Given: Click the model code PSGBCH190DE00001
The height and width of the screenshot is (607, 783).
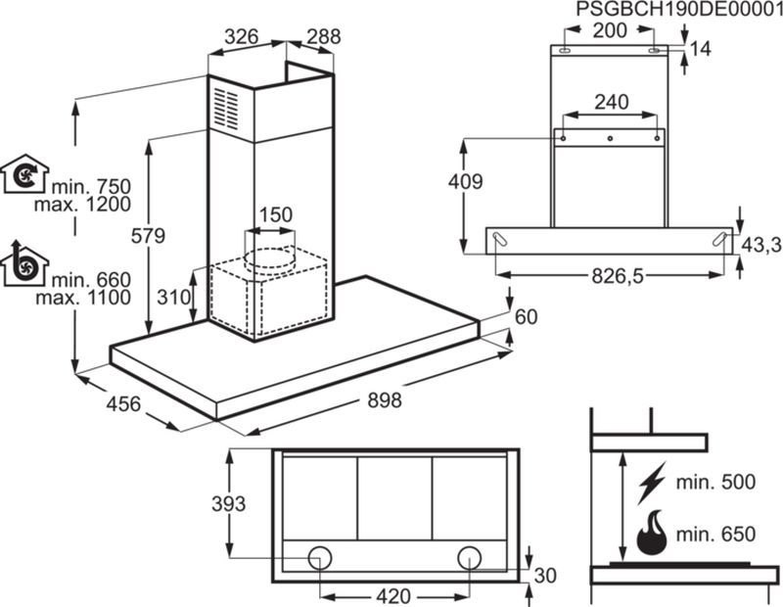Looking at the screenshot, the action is (679, 9).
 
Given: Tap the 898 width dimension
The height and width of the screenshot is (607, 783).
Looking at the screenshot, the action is (385, 399).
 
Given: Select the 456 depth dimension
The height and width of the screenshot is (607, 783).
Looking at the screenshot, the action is (124, 403).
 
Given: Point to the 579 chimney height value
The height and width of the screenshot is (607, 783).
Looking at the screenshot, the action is (148, 235).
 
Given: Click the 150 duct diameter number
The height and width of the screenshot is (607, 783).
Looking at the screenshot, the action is (276, 214).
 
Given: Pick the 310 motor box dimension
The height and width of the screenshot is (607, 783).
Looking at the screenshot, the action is (174, 298).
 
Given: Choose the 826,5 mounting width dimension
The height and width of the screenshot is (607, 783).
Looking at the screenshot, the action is (618, 275).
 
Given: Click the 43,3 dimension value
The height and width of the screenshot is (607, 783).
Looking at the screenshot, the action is (761, 245).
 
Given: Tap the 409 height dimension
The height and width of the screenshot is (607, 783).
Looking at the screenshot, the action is (466, 182).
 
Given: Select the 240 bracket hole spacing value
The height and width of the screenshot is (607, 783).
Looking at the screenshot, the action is (611, 103).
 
